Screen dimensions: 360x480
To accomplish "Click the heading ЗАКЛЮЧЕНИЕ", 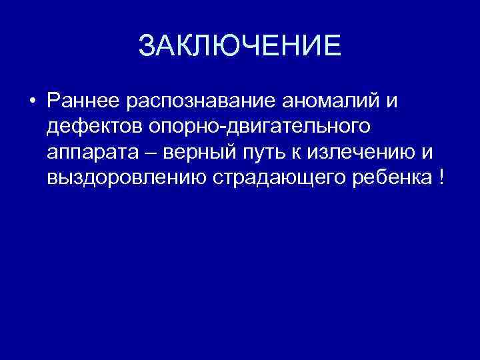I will (x=239, y=47).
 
